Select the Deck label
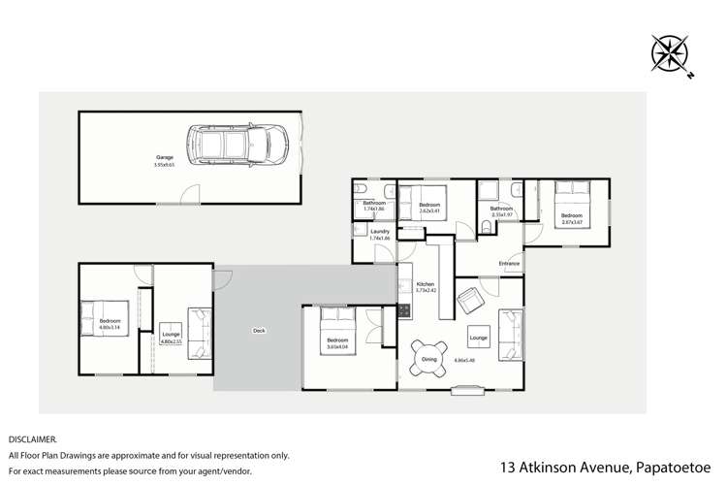point(259,331)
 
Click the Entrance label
point(510,262)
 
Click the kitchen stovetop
point(402,311)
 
